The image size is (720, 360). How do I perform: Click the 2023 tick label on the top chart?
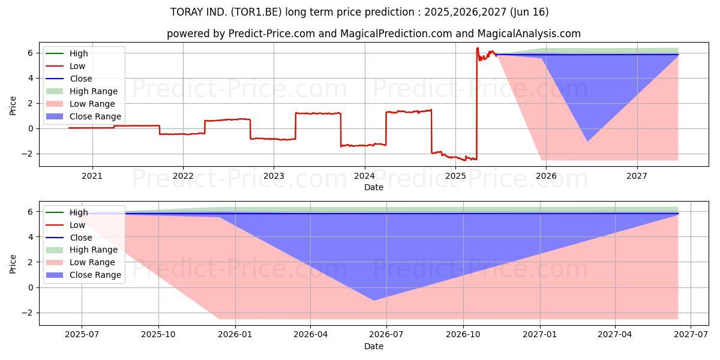[274, 176]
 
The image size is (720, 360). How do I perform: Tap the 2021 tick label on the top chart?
[92, 176]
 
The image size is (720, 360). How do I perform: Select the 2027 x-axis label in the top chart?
[637, 176]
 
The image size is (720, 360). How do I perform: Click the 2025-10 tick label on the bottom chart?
[158, 335]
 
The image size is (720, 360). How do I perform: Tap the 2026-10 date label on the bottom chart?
[464, 335]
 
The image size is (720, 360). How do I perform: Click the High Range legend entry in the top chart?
[93, 91]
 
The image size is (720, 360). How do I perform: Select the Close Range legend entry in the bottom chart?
[95, 275]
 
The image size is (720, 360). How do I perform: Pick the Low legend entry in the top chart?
[77, 66]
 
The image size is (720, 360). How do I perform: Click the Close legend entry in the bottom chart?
[80, 238]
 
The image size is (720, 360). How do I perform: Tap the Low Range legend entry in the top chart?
[92, 104]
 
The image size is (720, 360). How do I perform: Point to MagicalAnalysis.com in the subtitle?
[529, 34]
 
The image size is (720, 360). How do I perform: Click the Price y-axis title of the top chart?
[13, 105]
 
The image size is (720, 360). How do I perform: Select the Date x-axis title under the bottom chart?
[373, 346]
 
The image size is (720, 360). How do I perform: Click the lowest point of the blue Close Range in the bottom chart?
[373, 300]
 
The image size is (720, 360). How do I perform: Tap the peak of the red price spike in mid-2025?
[477, 48]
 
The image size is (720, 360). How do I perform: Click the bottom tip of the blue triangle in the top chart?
[587, 141]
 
